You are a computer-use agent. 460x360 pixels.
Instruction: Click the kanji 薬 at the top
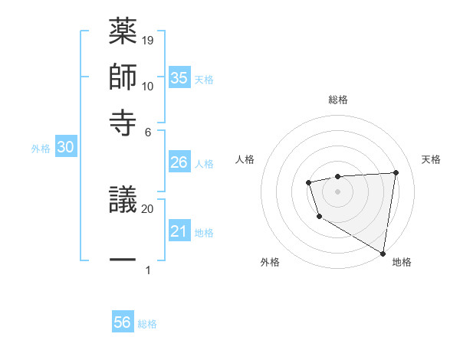click(x=123, y=33)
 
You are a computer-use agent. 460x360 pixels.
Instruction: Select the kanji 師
click(x=123, y=77)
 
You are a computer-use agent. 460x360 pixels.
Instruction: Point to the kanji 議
click(x=123, y=203)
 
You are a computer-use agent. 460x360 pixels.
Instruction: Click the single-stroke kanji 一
click(x=123, y=260)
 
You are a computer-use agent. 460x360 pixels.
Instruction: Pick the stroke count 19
click(x=149, y=40)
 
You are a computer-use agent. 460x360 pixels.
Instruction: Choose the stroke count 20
click(x=148, y=208)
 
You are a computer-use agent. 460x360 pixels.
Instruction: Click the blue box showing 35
click(x=179, y=78)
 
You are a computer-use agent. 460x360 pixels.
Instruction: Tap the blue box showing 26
click(x=179, y=162)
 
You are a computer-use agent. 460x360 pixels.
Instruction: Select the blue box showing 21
click(x=179, y=231)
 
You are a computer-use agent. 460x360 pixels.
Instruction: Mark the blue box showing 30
click(x=65, y=149)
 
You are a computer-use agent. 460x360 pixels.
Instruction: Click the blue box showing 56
click(x=123, y=322)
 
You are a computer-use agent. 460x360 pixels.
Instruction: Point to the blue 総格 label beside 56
click(x=147, y=324)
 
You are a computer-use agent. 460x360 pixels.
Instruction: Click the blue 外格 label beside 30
click(x=41, y=149)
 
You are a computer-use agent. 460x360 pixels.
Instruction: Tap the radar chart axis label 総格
click(x=338, y=100)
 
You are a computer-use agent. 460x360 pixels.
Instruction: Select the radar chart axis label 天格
click(x=431, y=159)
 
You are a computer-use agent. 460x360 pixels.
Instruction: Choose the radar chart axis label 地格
click(x=402, y=262)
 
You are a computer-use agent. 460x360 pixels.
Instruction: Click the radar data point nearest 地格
click(x=383, y=253)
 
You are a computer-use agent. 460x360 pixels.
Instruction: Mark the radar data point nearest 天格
click(x=396, y=172)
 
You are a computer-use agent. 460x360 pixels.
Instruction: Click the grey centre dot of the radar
click(x=337, y=191)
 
